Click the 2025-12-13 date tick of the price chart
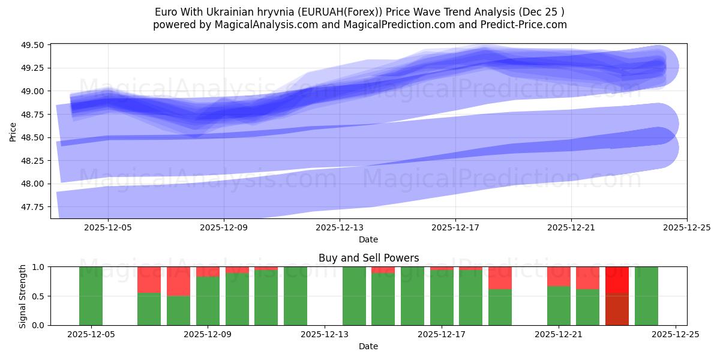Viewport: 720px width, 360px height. tap(340, 227)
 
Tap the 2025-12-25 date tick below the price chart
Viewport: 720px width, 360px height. tap(686, 227)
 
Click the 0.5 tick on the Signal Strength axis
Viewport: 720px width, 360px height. tap(39, 296)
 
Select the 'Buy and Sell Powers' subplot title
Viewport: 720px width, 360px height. tap(368, 258)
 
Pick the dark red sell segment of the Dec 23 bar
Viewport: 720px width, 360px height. tap(617, 309)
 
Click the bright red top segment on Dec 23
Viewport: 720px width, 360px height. tap(617, 280)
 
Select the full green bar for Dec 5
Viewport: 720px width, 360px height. tap(91, 296)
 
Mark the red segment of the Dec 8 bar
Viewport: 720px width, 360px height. tap(178, 281)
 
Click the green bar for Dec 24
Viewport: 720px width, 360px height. tap(646, 296)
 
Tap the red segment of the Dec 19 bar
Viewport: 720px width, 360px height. tap(500, 278)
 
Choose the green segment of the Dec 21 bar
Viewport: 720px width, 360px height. tap(559, 305)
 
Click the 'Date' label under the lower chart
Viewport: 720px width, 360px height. tap(368, 346)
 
